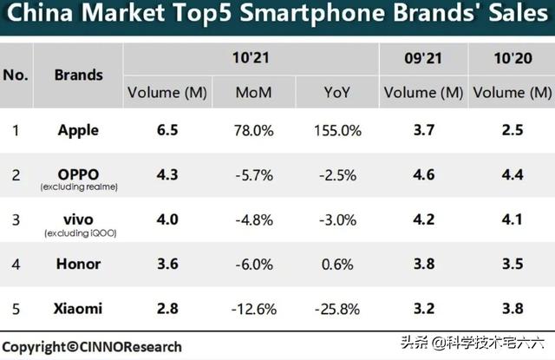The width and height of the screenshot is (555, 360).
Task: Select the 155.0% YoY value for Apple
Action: tap(337, 131)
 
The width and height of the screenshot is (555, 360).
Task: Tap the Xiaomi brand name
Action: tap(78, 308)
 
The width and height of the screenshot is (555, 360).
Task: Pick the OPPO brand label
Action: tap(78, 173)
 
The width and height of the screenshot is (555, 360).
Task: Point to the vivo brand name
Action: tap(78, 218)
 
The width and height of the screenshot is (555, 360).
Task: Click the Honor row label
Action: tap(78, 264)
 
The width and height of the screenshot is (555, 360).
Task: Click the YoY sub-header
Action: tap(337, 92)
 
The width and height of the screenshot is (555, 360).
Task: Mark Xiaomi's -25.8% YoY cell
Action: tap(337, 309)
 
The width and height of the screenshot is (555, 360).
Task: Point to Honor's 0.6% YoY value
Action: tap(337, 264)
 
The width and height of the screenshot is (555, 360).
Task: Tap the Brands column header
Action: tap(78, 75)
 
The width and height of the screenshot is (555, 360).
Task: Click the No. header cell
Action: tap(16, 75)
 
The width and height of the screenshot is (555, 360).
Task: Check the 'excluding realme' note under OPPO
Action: tap(78, 187)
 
